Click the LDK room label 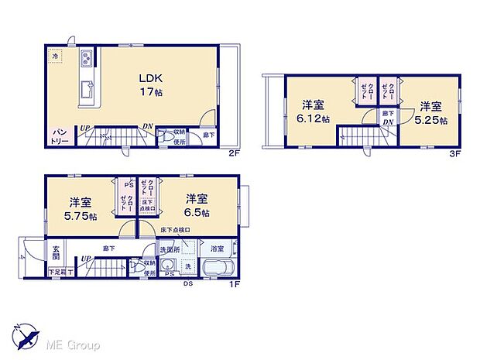tap(149, 77)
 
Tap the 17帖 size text tap(149, 93)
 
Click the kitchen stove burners tap(86, 57)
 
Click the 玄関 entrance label tap(57, 252)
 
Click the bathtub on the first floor tap(218, 268)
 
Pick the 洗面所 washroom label tap(170, 249)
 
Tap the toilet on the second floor tap(167, 136)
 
